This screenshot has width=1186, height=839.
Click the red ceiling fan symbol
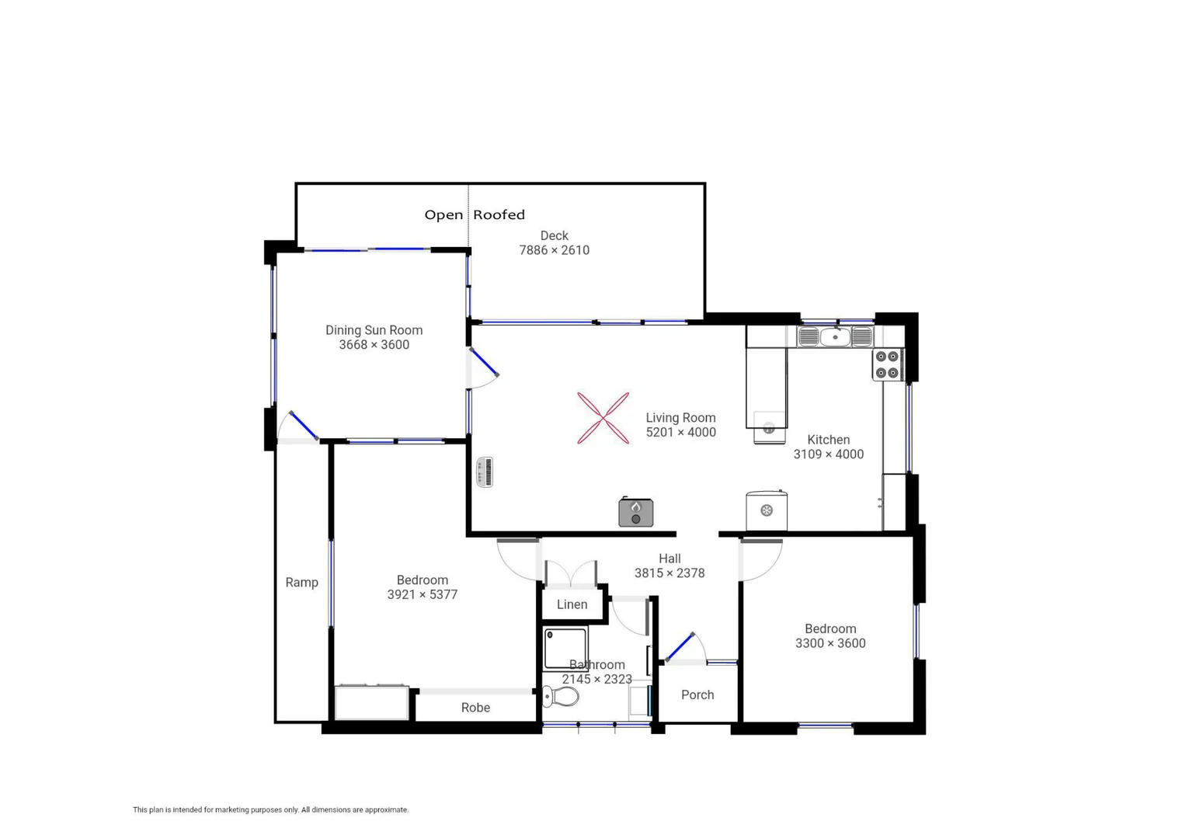point(603,418)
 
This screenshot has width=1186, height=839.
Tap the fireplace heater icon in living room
point(635,513)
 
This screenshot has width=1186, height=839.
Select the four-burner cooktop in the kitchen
point(887,365)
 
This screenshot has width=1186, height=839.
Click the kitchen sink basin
point(835,337)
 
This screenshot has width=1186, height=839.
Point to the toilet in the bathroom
point(561,696)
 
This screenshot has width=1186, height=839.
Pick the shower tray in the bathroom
point(565,648)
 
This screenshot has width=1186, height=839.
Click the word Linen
point(572,604)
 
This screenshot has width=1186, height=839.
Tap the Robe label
point(475,708)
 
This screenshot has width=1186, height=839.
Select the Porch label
point(697,695)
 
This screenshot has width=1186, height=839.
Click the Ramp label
point(301,583)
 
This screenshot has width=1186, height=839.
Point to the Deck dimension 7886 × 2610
point(554,250)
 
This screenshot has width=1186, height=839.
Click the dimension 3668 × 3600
point(374,345)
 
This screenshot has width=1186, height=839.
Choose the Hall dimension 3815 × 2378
point(669,573)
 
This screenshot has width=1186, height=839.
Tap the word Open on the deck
point(443,215)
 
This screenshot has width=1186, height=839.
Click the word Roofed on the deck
point(499,215)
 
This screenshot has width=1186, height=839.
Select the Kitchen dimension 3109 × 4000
point(828,454)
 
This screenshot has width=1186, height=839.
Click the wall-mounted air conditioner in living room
point(485,472)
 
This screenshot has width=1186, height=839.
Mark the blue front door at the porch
point(680,647)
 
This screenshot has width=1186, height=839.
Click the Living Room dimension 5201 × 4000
point(680,433)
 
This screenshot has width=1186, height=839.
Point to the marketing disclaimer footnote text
point(270,809)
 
